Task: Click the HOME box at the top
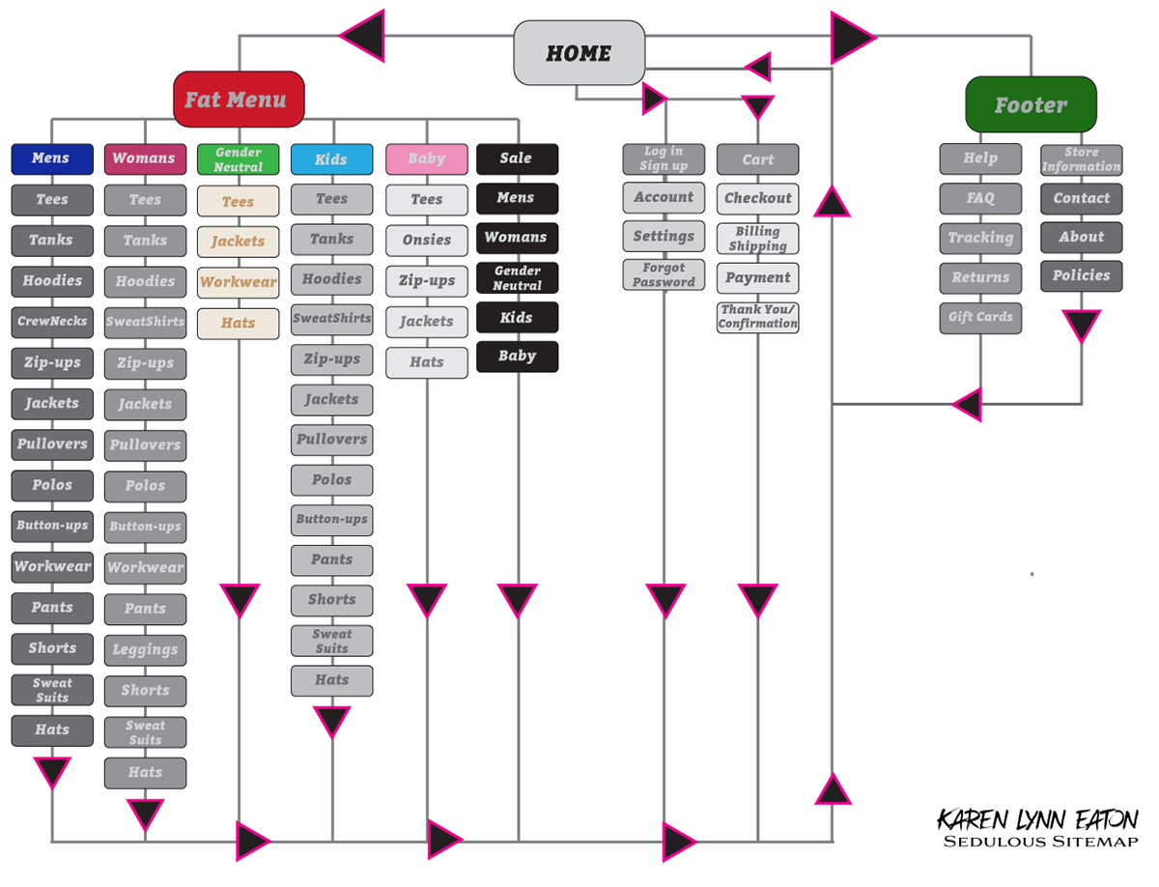tap(579, 53)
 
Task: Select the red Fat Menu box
tap(238, 100)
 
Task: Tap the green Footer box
tap(1031, 104)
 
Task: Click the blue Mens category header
tap(51, 158)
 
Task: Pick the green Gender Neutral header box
tap(238, 159)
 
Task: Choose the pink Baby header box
tap(426, 158)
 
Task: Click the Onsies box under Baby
tap(426, 240)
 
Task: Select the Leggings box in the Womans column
tap(145, 649)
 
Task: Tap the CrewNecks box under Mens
tap(51, 321)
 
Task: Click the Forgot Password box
tap(664, 275)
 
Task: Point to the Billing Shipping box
tap(757, 239)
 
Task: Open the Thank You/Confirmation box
tap(757, 317)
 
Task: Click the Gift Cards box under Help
tap(980, 317)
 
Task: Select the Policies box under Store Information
tap(1081, 275)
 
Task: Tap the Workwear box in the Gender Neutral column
tap(238, 282)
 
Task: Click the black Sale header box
tap(517, 158)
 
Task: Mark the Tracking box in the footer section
tap(980, 238)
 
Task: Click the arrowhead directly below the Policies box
tap(1081, 326)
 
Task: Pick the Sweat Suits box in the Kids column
tap(331, 641)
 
